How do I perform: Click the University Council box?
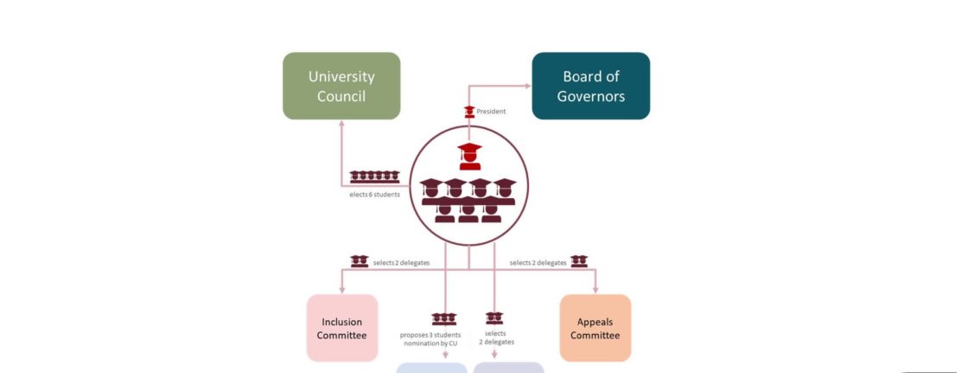[341, 86]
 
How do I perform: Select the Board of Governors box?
[590, 86]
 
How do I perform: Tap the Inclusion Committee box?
[342, 328]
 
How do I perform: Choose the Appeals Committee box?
[595, 328]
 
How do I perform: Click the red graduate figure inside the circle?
[469, 157]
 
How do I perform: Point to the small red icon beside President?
[469, 111]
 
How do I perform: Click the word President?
[491, 112]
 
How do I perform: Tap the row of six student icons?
[374, 177]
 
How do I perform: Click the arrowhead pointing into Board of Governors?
[526, 86]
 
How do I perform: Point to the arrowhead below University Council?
[342, 124]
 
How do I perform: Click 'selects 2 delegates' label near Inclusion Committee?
[402, 262]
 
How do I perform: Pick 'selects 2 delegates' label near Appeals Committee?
[538, 262]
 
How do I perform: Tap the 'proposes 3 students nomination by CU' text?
[430, 339]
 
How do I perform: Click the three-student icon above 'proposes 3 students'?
[443, 319]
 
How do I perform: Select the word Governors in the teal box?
[590, 96]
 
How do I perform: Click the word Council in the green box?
[341, 96]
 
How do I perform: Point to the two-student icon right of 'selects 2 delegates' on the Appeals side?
[579, 260]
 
